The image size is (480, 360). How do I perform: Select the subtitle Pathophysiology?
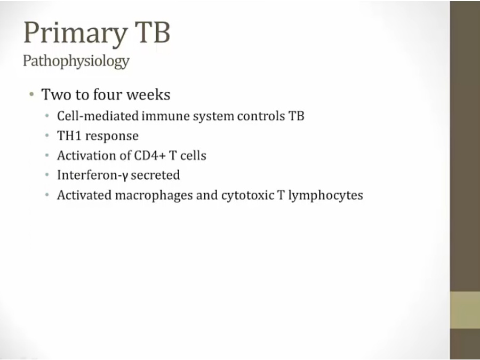point(76,61)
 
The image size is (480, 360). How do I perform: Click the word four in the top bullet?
point(107,94)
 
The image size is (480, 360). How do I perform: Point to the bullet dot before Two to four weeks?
point(31,94)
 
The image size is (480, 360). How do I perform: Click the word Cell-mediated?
point(98,116)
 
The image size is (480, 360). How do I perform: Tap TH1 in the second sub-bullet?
point(69,135)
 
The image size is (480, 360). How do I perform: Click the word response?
point(112,137)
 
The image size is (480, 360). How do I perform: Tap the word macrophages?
point(154,196)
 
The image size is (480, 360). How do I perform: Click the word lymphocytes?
point(326,196)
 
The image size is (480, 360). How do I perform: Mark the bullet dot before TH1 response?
point(47,135)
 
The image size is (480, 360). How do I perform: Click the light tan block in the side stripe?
point(465,310)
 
